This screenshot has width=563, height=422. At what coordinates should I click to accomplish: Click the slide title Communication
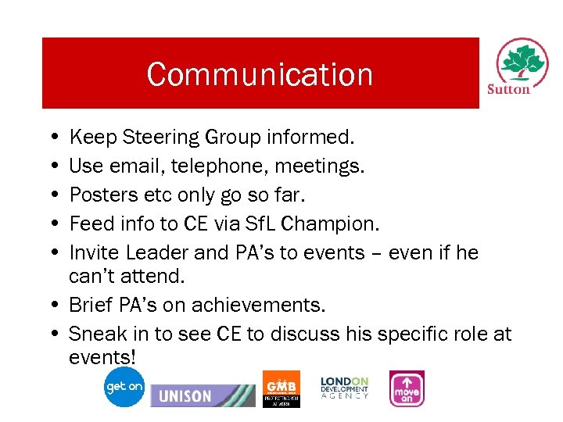[260, 75]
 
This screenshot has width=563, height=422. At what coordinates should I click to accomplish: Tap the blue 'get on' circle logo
[125, 387]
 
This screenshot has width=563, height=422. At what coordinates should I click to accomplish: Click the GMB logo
[281, 388]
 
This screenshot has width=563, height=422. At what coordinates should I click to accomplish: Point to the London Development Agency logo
[344, 388]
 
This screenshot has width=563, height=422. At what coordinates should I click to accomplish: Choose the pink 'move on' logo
[407, 388]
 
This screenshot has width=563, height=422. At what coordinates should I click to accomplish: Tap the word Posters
[97, 195]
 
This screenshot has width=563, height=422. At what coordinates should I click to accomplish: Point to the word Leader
[152, 253]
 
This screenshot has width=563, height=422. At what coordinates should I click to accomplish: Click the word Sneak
[96, 334]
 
